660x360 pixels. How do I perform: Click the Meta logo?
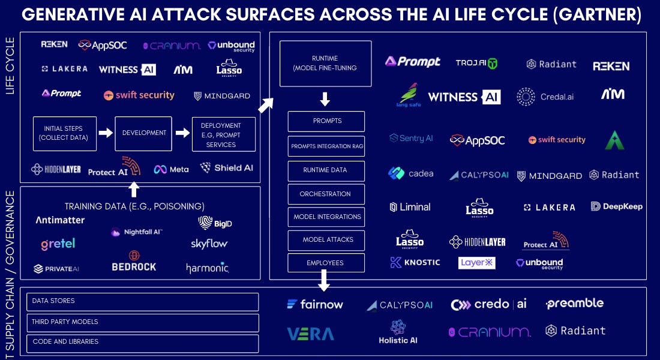pos(171,169)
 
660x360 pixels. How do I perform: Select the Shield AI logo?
pos(227,168)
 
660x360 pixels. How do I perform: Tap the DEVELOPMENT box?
pos(143,133)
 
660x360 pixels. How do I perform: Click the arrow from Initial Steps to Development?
pos(106,133)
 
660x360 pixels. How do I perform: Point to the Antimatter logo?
pos(60,220)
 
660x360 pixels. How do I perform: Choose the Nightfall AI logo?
pos(137,232)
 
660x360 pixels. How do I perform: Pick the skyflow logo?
pos(209,244)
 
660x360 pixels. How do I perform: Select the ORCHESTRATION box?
pos(326,194)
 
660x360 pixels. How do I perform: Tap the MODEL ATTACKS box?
pos(326,240)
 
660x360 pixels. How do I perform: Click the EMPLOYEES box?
pos(326,263)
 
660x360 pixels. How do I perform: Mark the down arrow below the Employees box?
pos(324,280)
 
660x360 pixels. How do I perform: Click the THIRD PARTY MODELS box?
pos(143,322)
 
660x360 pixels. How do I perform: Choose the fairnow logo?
pos(315,304)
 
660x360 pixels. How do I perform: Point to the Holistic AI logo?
pos(398,332)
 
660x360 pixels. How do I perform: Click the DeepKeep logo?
pos(616,206)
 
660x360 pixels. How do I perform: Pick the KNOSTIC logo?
pos(415,262)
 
